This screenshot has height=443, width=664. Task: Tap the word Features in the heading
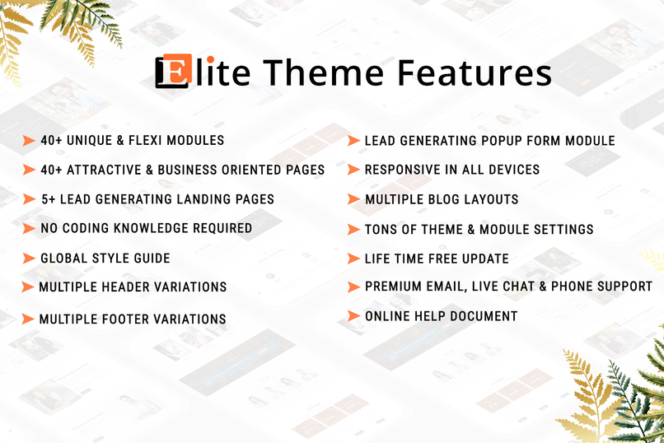coord(475,72)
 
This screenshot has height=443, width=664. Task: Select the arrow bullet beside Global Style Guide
coord(29,259)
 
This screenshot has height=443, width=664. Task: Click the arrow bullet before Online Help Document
coord(353,316)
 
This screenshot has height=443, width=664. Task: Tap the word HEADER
coord(129,287)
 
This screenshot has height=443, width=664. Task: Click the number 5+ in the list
coord(50,199)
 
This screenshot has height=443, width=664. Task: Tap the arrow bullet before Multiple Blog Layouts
coord(353,199)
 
